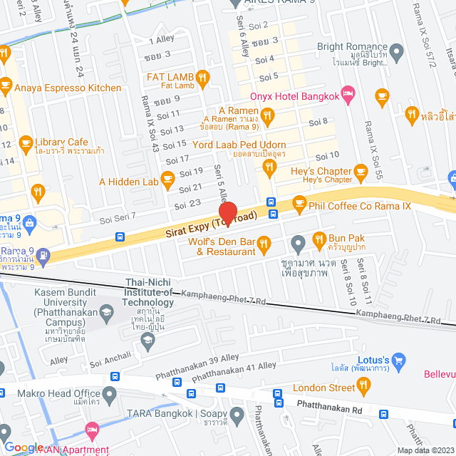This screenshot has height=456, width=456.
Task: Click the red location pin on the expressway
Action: click(x=227, y=213)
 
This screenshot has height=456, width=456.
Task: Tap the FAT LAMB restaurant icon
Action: click(x=203, y=77)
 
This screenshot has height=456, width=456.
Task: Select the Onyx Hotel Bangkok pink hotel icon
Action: click(x=348, y=93)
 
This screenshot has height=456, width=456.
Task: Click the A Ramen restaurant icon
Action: click(x=267, y=113)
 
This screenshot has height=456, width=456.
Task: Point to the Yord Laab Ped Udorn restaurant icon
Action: click(x=269, y=167)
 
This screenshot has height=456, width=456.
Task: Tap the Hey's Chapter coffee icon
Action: click(x=361, y=171)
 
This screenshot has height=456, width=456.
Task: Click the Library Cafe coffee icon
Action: click(x=26, y=142)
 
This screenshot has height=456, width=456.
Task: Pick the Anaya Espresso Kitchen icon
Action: click(x=6, y=88)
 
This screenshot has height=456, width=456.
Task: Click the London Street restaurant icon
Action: click(x=363, y=387)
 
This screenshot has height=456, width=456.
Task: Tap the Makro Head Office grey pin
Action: click(x=109, y=393)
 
